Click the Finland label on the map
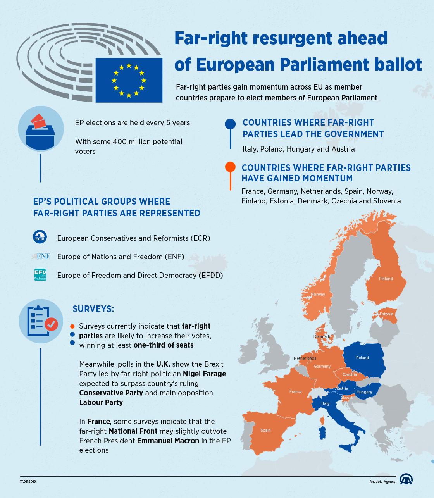point(386,279)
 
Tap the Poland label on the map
point(362,358)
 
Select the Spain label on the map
point(265,430)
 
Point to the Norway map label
point(318,294)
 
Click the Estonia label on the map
point(386,314)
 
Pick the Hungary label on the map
point(364,392)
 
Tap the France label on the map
point(295,391)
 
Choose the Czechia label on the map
point(350,374)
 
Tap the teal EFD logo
point(40,275)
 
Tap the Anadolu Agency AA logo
point(406,481)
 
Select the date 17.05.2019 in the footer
point(28,481)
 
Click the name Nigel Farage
point(204,374)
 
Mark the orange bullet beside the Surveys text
point(72,326)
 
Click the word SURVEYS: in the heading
point(93,309)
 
